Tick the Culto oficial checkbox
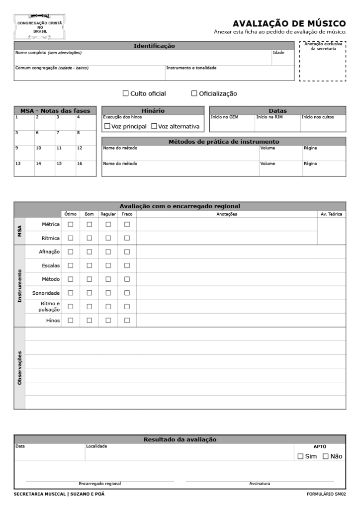tap(125, 93)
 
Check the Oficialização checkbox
tap(194, 93)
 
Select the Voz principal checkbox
tap(107, 126)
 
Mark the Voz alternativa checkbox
tap(154, 126)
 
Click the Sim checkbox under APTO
tap(300, 456)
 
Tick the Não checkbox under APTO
tap(326, 456)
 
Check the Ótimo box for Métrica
tap(70, 224)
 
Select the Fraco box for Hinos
tap(127, 320)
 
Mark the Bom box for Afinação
tap(90, 252)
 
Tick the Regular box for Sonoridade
tap(108, 293)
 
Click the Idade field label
tap(278, 52)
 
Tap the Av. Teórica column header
tap(332, 214)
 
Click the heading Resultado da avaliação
tap(180, 439)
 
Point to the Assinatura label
tap(260, 483)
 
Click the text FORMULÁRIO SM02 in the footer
tap(327, 494)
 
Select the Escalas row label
tap(51, 265)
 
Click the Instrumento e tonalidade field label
tap(191, 68)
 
